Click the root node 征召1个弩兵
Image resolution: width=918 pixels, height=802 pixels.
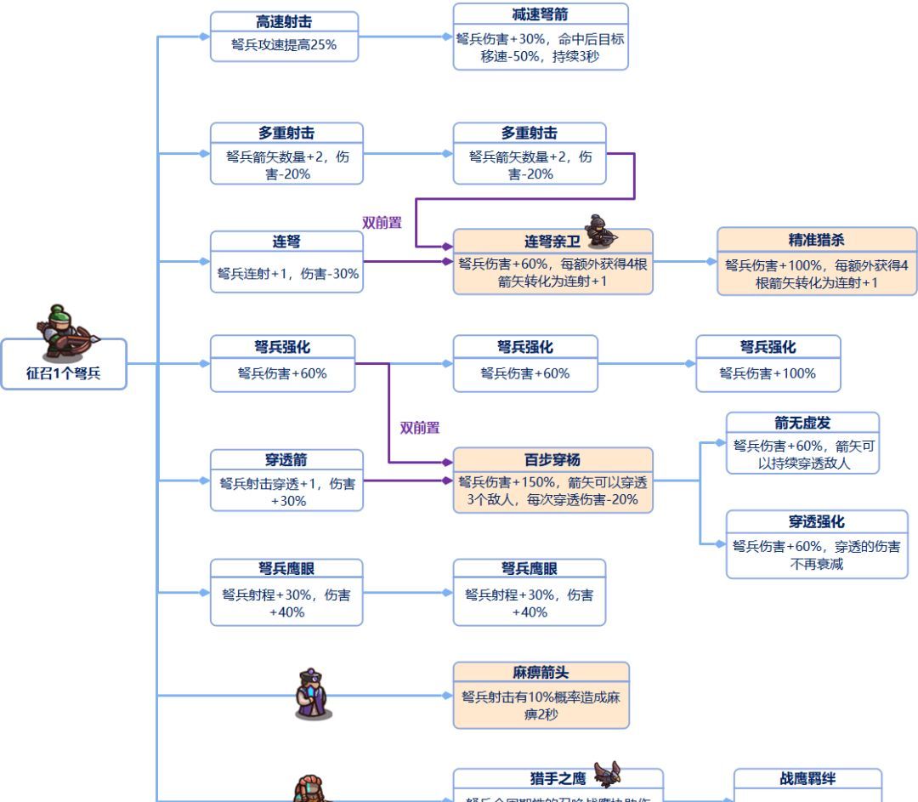(64, 373)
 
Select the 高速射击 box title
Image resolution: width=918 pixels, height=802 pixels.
(284, 23)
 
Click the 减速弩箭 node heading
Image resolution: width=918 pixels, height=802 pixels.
(541, 14)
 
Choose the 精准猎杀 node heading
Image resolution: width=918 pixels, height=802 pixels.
(816, 240)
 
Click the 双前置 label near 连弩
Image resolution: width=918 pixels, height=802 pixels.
(382, 223)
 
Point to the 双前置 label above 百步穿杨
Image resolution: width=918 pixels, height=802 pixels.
(420, 428)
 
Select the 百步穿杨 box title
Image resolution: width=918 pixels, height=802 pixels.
(552, 460)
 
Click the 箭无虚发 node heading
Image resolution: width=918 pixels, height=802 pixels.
(802, 423)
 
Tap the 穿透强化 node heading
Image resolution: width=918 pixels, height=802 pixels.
(816, 521)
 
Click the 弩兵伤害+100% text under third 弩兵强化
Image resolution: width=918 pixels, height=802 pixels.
(768, 373)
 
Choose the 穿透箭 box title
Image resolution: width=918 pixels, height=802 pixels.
(286, 460)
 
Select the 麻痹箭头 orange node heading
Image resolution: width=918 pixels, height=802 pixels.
(541, 673)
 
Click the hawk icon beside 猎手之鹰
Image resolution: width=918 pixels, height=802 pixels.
(607, 773)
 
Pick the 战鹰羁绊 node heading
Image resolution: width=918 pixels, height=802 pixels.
(807, 778)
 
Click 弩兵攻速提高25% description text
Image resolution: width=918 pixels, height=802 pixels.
(284, 45)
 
